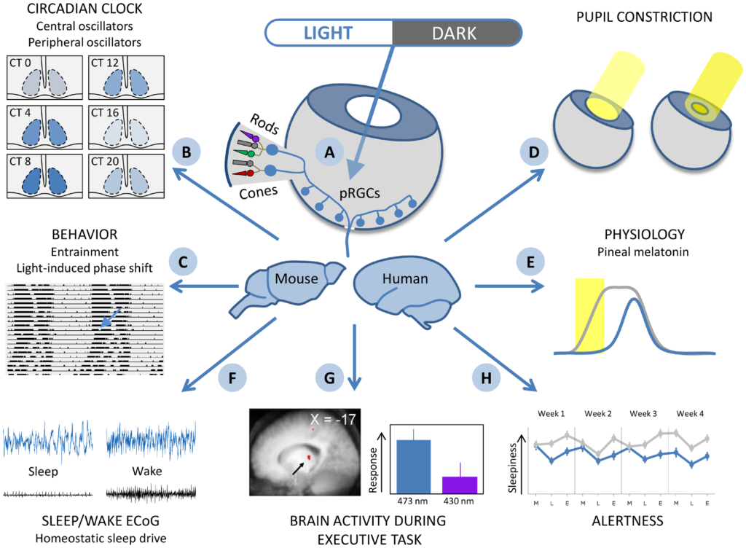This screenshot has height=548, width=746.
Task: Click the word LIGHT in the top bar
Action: pos(328,33)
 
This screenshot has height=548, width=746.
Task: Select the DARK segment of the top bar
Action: pos(455,33)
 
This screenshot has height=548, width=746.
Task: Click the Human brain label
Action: pos(406,278)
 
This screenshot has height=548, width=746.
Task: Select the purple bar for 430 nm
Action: pos(460,485)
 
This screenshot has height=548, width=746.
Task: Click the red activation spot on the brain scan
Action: pos(309,457)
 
